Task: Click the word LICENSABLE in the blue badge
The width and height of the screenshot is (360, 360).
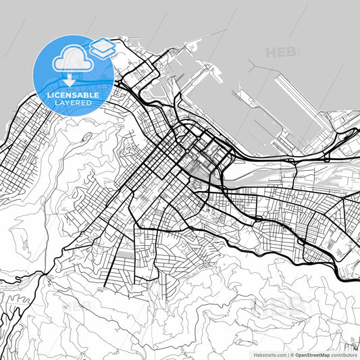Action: [73, 95]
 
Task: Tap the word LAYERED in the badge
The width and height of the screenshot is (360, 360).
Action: [73, 104]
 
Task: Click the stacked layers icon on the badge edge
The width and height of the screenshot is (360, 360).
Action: [102, 47]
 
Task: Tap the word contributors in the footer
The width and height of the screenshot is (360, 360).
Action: [344, 354]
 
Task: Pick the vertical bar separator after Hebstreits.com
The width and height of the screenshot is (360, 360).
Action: [286, 354]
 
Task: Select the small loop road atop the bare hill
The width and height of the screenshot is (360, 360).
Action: [85, 137]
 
